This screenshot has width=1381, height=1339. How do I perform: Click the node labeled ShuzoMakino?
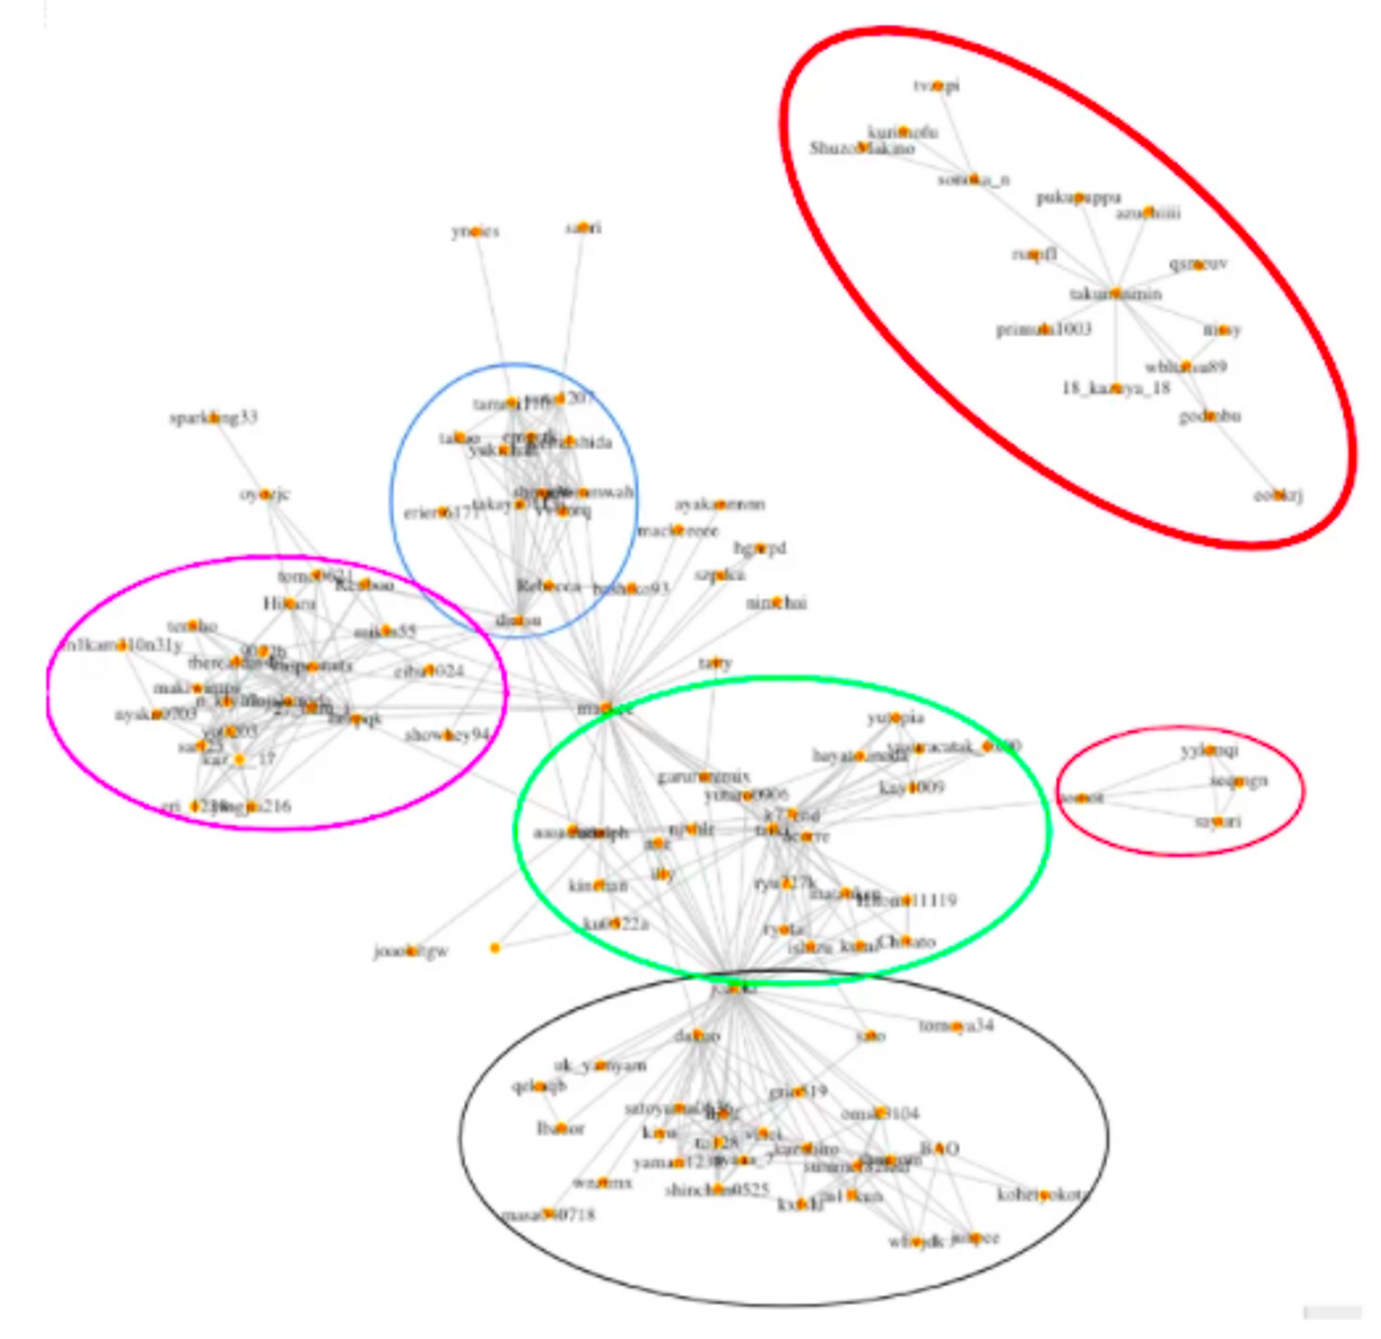[862, 148]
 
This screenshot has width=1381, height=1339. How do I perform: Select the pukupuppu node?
[1079, 198]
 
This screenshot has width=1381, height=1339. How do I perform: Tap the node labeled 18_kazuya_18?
[1115, 388]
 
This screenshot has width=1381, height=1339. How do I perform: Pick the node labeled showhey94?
[447, 735]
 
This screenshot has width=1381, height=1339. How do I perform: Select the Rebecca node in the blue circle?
[548, 585]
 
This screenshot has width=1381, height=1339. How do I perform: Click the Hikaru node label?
[289, 603]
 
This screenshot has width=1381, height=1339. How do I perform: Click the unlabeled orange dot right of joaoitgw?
[495, 948]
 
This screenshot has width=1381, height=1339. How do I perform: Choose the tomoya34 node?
[956, 1026]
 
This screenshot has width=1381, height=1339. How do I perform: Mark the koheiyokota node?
[1044, 1195]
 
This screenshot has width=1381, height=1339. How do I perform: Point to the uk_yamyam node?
[601, 1065]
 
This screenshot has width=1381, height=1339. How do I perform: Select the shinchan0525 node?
[716, 1189]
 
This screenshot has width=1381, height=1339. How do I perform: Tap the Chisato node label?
[905, 942]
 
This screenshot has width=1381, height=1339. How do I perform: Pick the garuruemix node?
[705, 776]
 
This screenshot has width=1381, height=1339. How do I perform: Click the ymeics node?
[476, 231]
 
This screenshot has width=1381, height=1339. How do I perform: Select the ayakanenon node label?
[719, 504]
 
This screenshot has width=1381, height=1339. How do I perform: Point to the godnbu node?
[1210, 416]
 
